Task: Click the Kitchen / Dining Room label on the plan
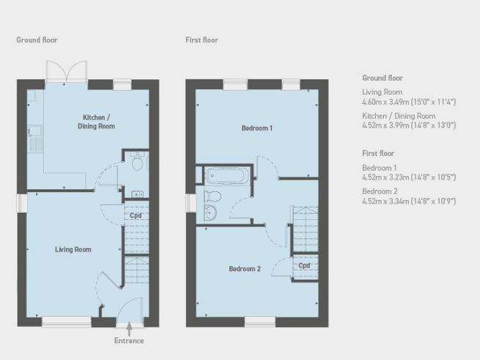[x=96, y=122]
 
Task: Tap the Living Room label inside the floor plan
[x=73, y=250]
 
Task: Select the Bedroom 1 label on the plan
[x=257, y=128]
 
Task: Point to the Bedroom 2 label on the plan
[x=245, y=269]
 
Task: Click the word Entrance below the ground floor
[x=129, y=340]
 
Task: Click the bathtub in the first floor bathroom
[x=229, y=176]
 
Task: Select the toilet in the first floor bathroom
[x=211, y=196]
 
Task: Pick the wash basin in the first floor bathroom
[x=210, y=213]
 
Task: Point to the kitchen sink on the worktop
[x=34, y=136]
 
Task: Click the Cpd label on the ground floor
[x=136, y=216]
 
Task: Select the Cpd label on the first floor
[x=304, y=265]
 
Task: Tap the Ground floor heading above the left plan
[x=37, y=40]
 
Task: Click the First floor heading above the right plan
[x=202, y=40]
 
